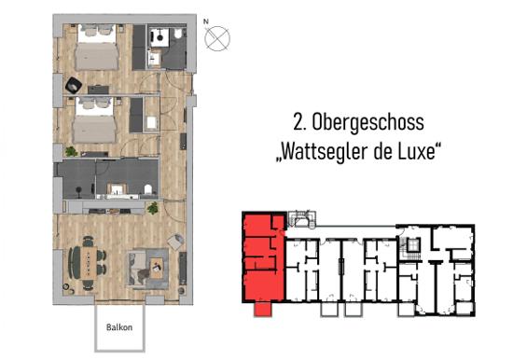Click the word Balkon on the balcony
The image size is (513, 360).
119,327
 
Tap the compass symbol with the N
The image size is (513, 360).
217,38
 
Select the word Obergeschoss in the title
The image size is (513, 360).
367,123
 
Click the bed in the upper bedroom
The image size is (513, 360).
96,48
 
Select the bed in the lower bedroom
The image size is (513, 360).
94,120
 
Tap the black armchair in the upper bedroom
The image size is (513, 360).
74,86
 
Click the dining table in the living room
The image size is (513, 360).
88,263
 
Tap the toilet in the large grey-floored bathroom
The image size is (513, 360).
148,189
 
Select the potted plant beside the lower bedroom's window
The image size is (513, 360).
71,151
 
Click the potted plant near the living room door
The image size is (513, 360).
152,208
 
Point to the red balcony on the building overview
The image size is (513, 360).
262,310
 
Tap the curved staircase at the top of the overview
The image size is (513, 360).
301,219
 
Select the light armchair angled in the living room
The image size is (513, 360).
175,242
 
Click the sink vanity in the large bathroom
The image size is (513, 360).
117,190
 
